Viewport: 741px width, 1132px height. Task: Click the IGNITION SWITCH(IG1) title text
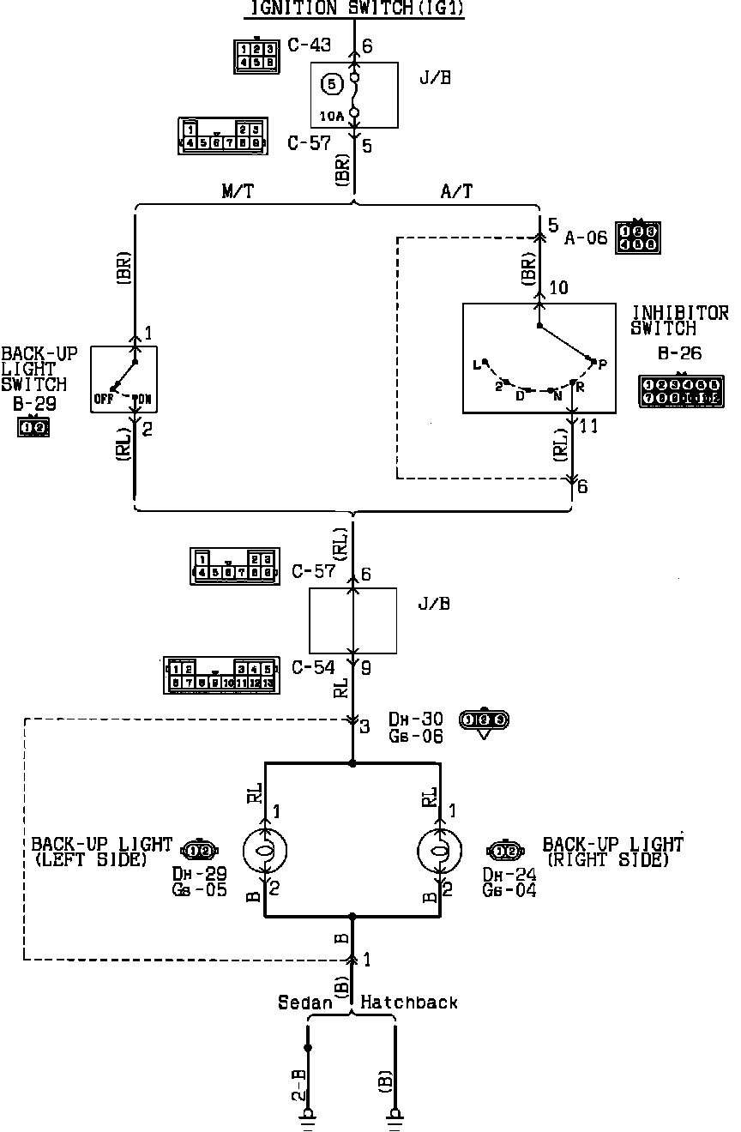coord(354,9)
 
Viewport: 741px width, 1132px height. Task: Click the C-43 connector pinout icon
coord(256,55)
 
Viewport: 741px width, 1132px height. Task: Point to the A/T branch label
coord(456,191)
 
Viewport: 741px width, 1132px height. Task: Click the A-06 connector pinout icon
coord(638,237)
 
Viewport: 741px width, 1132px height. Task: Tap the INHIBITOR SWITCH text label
coord(679,320)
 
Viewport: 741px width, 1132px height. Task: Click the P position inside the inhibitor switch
coord(602,364)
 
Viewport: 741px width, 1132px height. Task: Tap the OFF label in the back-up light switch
coord(104,399)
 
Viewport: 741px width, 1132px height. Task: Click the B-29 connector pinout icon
coord(33,425)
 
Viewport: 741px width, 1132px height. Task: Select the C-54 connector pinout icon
coord(220,675)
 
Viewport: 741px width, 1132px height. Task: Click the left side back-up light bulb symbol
coord(265,851)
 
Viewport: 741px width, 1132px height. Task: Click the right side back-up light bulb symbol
coord(439,851)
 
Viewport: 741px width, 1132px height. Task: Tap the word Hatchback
coord(410,1003)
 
